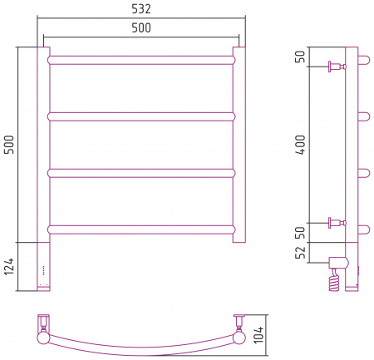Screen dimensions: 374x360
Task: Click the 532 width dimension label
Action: tap(141, 9)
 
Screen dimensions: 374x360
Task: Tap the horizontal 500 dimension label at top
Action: tap(141, 27)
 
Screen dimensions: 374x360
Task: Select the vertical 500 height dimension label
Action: tap(8, 145)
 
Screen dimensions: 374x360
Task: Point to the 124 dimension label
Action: tap(8, 266)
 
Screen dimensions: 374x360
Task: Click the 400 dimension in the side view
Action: tap(300, 145)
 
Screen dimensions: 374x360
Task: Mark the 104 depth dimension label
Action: tap(258, 335)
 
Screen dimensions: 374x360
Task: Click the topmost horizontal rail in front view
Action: tap(141, 60)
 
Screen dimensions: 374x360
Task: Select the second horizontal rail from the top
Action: tap(141, 116)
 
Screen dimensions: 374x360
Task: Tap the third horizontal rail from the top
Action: tap(141, 173)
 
